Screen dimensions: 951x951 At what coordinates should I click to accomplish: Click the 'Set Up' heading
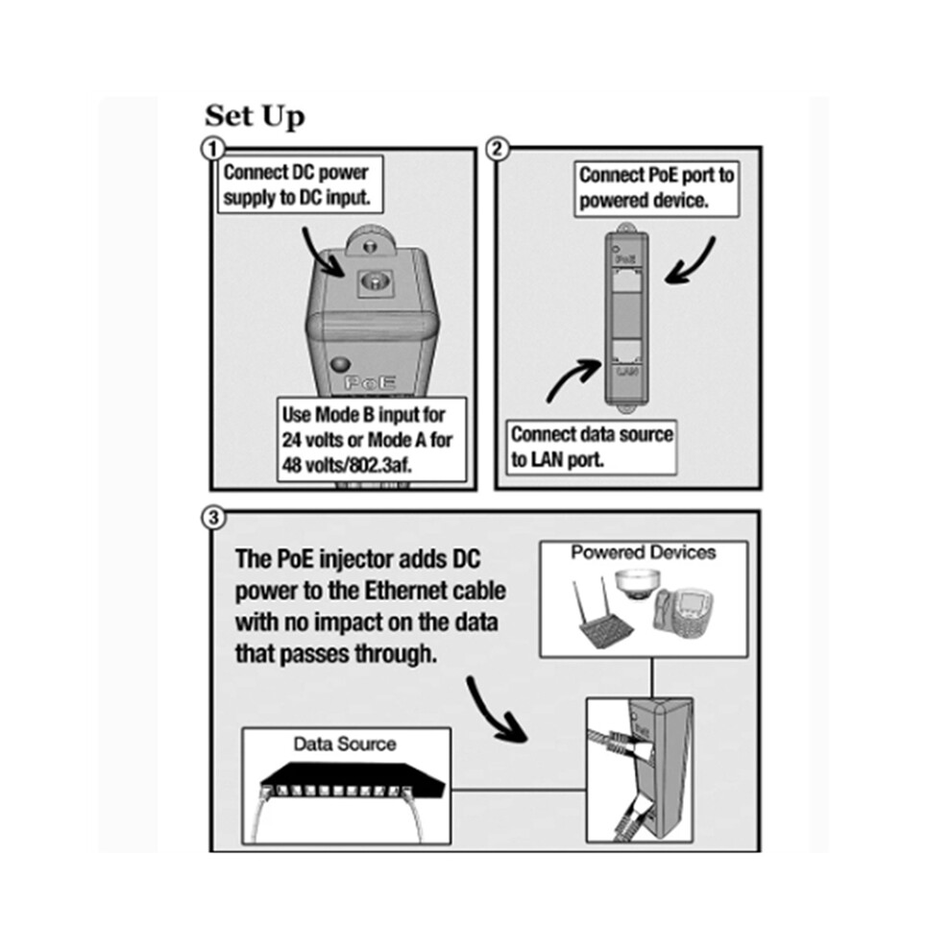click(x=255, y=116)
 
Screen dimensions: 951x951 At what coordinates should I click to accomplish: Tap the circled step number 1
click(x=212, y=149)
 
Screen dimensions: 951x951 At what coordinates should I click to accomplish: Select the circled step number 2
click(x=498, y=149)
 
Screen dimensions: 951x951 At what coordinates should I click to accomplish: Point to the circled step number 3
click(x=213, y=518)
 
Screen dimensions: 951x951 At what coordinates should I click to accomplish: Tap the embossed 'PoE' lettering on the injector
click(x=370, y=382)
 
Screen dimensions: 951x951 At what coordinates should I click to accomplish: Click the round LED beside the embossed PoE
click(x=340, y=364)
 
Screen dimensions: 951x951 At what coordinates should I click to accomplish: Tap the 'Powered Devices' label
click(x=644, y=552)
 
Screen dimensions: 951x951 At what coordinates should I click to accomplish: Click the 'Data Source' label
click(x=345, y=744)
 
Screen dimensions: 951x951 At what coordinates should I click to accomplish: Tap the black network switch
click(x=353, y=781)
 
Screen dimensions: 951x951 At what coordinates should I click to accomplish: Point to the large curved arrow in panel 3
click(x=495, y=713)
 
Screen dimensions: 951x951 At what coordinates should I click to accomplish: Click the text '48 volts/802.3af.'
click(x=347, y=465)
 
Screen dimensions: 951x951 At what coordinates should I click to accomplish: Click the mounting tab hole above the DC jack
click(x=369, y=246)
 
